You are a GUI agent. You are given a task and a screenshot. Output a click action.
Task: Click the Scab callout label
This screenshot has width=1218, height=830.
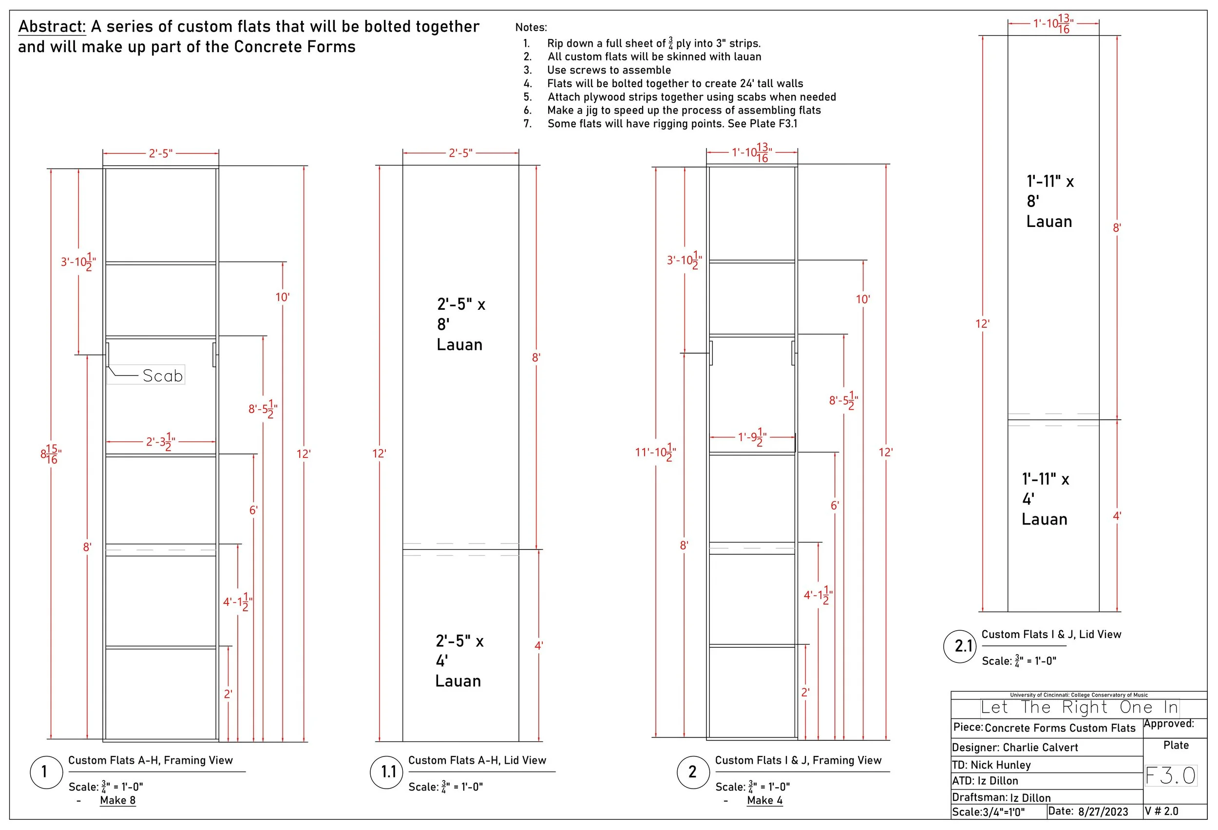[162, 376]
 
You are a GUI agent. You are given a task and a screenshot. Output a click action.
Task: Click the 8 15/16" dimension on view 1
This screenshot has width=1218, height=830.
[51, 454]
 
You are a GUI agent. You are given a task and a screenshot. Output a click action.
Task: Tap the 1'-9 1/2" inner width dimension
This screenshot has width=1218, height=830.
[752, 437]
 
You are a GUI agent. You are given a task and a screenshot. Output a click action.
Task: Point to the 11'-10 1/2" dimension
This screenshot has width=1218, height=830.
[655, 452]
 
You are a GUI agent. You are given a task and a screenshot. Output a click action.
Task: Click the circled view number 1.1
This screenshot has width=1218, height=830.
[388, 772]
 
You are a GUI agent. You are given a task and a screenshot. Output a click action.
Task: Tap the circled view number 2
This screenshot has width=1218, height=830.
[692, 772]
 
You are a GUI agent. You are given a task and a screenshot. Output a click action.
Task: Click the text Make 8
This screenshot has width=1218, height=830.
[118, 800]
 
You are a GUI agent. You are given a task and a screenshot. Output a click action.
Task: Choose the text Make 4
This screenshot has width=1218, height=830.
[764, 800]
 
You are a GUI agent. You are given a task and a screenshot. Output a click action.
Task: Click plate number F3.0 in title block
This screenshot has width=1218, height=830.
[1171, 775]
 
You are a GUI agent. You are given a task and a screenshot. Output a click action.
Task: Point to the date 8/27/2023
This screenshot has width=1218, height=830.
[1103, 811]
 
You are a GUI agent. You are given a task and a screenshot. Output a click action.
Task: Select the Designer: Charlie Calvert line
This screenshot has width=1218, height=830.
[1015, 747]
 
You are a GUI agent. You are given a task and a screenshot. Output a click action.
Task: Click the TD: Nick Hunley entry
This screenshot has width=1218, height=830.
[991, 765]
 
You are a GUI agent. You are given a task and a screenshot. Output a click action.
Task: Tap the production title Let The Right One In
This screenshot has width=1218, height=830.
[1079, 707]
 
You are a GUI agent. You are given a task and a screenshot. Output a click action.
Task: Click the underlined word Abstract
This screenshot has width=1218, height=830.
[52, 26]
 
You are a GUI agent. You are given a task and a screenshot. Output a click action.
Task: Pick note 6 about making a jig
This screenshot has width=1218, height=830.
[684, 110]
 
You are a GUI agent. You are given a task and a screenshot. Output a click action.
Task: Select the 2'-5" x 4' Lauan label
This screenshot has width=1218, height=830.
[459, 661]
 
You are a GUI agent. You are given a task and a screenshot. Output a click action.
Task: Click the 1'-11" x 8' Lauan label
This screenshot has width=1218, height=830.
[1050, 201]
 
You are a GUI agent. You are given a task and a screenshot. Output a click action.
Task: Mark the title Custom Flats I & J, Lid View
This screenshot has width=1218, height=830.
[1051, 634]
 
